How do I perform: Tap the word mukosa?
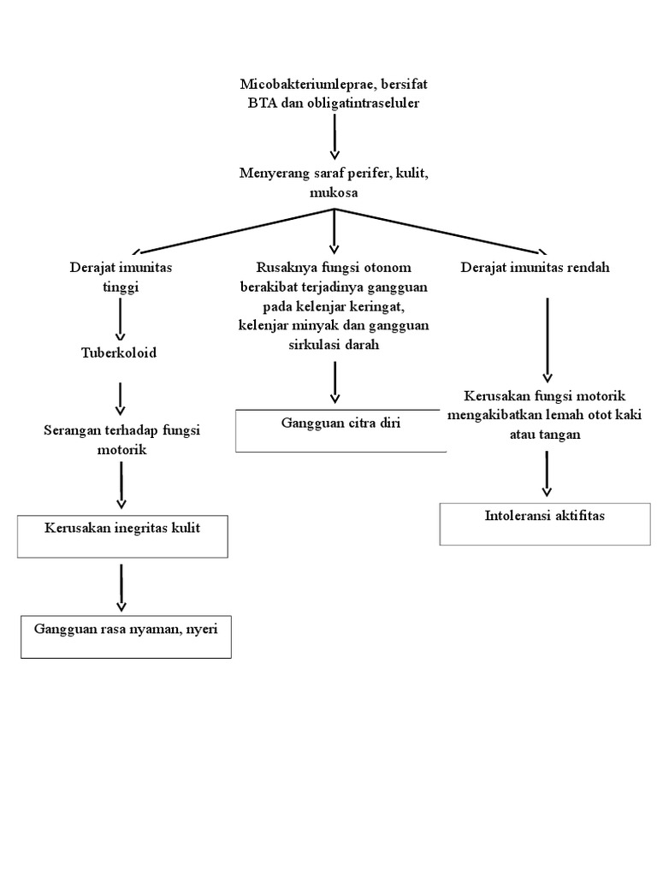pyautogui.click(x=334, y=193)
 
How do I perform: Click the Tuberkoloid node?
pyautogui.click(x=119, y=352)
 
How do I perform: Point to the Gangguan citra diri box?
pyautogui.click(x=340, y=429)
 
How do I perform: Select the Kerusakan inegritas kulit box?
pyautogui.click(x=122, y=536)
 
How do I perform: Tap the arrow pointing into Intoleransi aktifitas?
pyautogui.click(x=547, y=473)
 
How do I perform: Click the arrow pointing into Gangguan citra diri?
pyautogui.click(x=334, y=382)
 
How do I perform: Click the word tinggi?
pyautogui.click(x=121, y=287)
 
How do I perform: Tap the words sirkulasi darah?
pyautogui.click(x=334, y=345)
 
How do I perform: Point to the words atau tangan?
pyautogui.click(x=547, y=434)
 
